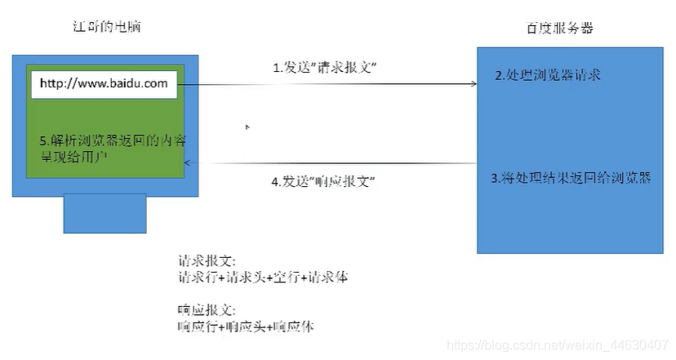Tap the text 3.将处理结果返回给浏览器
pos(571,177)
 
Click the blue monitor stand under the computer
pos(105,213)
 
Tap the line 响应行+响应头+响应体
pos(246,326)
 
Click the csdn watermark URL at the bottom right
pos(563,345)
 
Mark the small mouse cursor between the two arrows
pos(247,128)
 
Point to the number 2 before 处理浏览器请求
pos(499,76)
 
